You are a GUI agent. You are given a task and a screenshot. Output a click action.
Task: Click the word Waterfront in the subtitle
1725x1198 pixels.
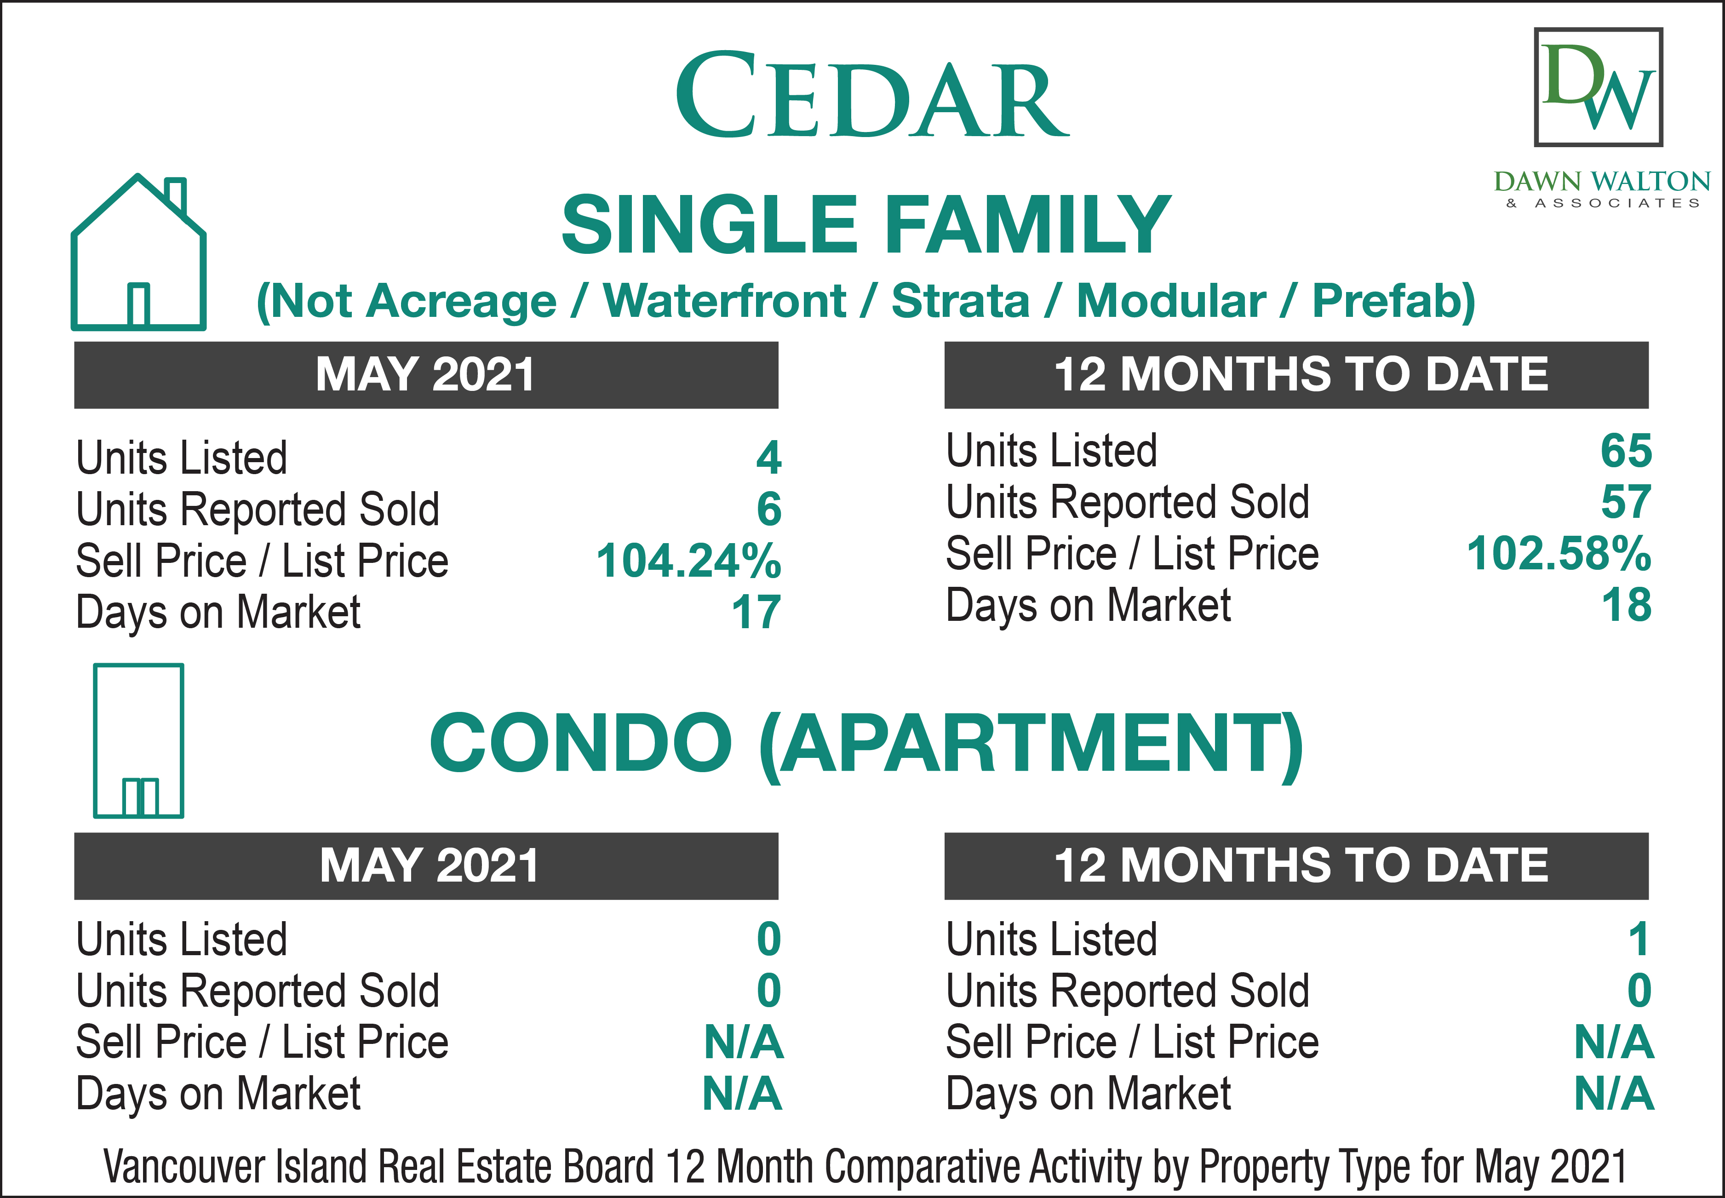[x=724, y=302]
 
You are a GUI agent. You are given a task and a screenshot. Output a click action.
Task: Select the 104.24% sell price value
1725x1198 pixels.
[x=688, y=561]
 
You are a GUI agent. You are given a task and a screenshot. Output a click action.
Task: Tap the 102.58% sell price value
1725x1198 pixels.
[x=1559, y=553]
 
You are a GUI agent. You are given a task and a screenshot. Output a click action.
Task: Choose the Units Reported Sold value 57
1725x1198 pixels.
[x=1626, y=502]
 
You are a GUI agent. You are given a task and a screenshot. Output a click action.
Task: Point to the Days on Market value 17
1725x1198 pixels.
[x=756, y=613]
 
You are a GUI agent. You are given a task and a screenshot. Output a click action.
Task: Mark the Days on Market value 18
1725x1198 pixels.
[x=1627, y=605]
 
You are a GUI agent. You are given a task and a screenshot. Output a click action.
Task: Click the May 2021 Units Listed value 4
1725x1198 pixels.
[x=768, y=457]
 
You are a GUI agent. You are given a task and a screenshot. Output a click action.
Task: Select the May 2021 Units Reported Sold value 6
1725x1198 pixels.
[x=768, y=509]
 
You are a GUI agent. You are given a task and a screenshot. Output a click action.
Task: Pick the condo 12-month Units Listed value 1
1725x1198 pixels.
[x=1639, y=939]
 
